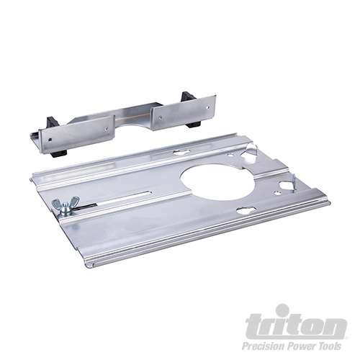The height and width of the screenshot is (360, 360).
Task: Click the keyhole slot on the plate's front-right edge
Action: pyautogui.click(x=246, y=210)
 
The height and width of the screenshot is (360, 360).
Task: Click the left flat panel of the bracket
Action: pyautogui.click(x=79, y=134)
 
